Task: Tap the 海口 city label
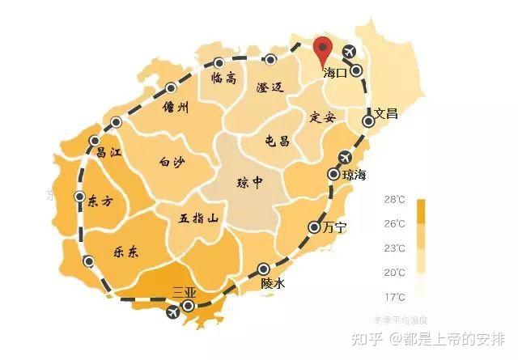pos(335,73)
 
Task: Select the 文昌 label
pos(386,113)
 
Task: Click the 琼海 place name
pos(355,175)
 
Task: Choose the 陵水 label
pos(274,284)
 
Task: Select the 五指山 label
pos(199,218)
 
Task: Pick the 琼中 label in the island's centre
pos(248,182)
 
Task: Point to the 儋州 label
pos(175,108)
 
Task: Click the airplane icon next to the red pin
pos(350,53)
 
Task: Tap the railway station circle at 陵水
pos(263,269)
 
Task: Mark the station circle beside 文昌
pos(368,121)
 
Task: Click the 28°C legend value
pos(394,199)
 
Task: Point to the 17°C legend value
pos(394,296)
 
